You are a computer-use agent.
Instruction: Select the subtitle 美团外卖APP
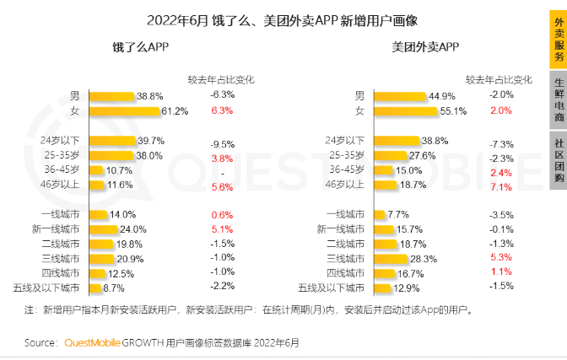pos(425,48)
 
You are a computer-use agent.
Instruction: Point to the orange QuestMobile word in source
pos(93,343)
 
